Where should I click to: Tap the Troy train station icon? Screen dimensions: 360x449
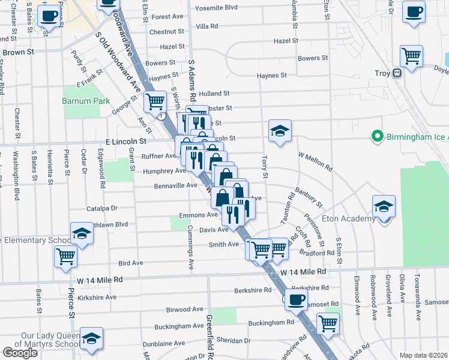(397, 73)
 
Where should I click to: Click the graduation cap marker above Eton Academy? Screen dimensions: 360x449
(384, 206)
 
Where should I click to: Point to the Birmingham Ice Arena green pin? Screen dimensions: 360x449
(377, 136)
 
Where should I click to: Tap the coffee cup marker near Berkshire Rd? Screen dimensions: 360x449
(295, 299)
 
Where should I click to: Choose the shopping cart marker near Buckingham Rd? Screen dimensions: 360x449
(328, 323)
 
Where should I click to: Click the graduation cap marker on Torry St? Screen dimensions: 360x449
(280, 131)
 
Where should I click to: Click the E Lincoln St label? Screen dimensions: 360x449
(126, 141)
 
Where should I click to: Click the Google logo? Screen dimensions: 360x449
(20, 353)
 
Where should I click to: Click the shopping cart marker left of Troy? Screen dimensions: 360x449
(411, 56)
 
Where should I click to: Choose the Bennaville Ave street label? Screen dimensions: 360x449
(175, 185)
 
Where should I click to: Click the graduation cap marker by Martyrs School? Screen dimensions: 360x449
(91, 338)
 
